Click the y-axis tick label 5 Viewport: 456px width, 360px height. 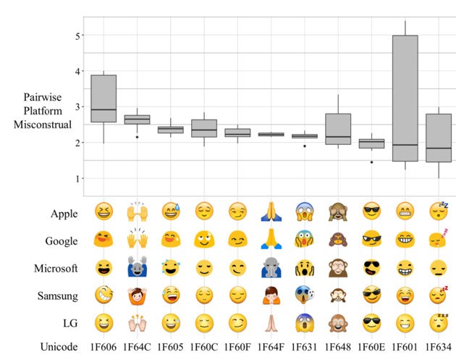coord(76,35)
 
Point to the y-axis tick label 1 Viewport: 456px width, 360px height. coord(76,178)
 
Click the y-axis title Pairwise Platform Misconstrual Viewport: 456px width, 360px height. coord(47,111)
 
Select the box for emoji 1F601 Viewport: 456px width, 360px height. coord(405,98)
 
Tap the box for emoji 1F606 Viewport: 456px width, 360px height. coord(104,99)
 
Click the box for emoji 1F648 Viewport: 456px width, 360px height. coord(338,129)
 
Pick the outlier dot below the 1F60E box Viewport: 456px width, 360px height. coord(372,162)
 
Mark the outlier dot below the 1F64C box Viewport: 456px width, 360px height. coord(138,137)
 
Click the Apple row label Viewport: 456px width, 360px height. coord(64,214)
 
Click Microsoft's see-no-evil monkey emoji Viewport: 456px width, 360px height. coord(338,268)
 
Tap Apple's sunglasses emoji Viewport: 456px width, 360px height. coord(372,213)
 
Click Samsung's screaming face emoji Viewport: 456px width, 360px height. coord(305,296)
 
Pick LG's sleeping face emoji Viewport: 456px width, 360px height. coord(439,322)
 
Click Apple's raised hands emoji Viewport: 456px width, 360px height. coord(138,213)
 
